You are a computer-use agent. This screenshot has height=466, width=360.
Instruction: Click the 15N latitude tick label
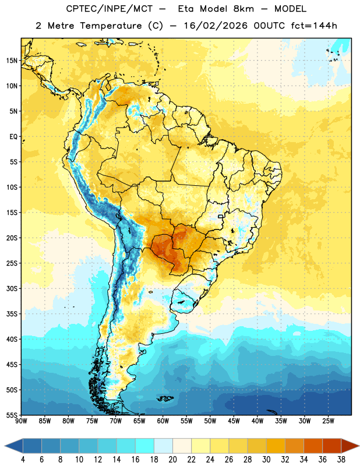(12, 61)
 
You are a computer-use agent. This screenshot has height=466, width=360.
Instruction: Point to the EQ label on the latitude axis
(13, 137)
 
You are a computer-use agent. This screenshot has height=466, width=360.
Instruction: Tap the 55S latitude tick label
(12, 415)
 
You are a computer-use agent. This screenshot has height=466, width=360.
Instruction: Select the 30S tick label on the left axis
(12, 288)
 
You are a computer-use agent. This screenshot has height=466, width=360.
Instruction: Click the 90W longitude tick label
(21, 421)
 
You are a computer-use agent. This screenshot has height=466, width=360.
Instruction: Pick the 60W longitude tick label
(163, 421)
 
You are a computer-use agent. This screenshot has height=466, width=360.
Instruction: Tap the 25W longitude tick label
(328, 421)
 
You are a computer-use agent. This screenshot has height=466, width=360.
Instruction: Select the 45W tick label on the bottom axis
(234, 421)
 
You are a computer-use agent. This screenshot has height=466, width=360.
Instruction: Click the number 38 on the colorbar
(341, 460)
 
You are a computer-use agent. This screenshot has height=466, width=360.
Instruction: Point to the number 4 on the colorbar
(23, 460)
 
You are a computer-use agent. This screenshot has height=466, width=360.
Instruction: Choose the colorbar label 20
(172, 460)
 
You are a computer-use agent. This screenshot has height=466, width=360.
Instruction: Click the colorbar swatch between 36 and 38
(332, 446)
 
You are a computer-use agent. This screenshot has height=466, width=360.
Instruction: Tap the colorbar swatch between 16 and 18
(144, 446)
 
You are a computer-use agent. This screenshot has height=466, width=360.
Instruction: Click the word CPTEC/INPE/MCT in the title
(109, 9)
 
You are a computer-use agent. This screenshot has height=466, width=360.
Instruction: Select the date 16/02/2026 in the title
(216, 26)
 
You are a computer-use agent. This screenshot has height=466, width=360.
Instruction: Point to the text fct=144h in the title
(314, 26)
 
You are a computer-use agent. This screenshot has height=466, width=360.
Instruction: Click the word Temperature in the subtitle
(111, 26)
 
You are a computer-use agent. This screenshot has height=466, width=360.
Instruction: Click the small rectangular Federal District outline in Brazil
(221, 216)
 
